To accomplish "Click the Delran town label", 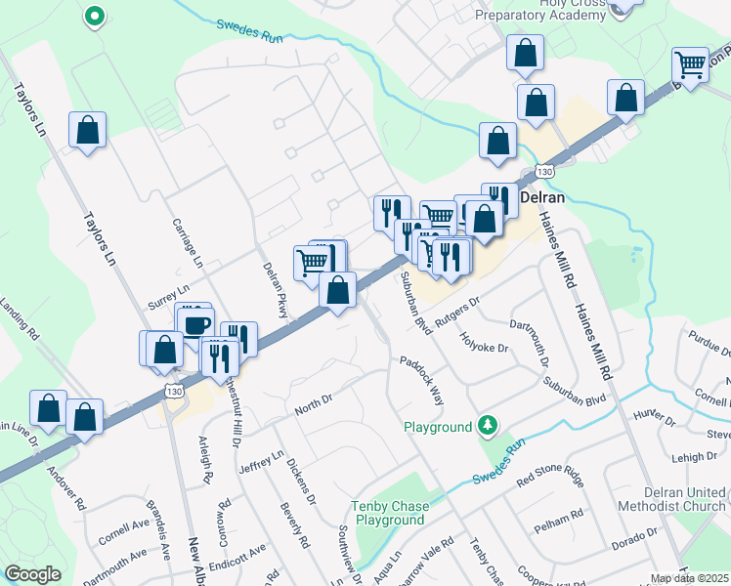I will [x=543, y=195].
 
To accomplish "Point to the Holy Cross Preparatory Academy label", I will [x=539, y=10].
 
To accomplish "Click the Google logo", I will [x=32, y=574].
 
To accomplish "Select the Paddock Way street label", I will [x=421, y=380].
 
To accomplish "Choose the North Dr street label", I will [x=314, y=399].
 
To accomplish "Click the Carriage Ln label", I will [x=186, y=244].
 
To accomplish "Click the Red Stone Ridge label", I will [x=550, y=478].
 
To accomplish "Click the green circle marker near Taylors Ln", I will [x=94, y=16].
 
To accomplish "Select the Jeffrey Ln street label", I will [x=263, y=462].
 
